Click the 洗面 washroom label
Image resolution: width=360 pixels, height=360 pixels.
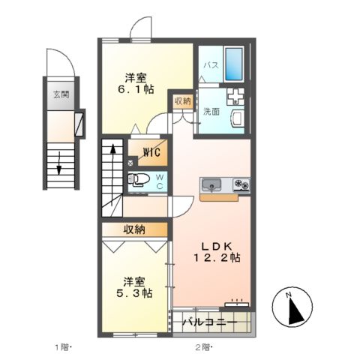tap(211, 112)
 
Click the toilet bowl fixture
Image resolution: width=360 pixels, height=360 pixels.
tap(139, 179)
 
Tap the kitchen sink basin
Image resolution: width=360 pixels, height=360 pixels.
tap(209, 184)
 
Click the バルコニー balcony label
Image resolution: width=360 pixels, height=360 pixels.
tap(211, 322)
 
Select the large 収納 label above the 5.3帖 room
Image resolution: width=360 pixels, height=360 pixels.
tap(135, 229)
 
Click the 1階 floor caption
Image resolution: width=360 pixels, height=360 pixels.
tap(62, 346)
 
